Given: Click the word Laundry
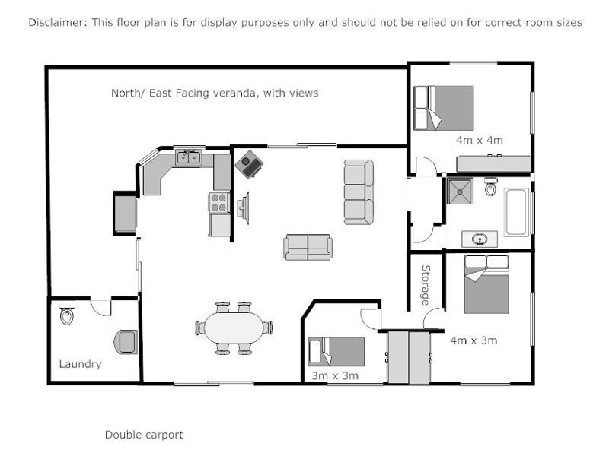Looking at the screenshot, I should [80, 364].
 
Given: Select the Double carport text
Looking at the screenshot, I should [144, 435].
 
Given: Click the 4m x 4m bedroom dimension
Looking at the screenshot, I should [479, 140].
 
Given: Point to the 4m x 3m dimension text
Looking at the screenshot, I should [473, 340].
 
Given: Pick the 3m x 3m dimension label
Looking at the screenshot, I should [335, 375].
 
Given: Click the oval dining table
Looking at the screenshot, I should [234, 328].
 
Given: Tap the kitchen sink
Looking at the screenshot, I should [188, 157].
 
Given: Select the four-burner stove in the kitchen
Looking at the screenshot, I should [219, 202].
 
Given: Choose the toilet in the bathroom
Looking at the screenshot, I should [491, 187].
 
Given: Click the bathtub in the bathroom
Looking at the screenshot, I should [517, 211].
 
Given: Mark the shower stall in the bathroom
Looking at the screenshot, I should [459, 192].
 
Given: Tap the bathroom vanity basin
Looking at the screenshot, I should [480, 239].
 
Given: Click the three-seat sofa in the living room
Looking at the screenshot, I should [359, 192].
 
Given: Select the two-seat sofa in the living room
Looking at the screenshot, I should [308, 246].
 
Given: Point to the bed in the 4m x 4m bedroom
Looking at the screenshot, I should [444, 108].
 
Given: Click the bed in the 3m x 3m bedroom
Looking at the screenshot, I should [336, 352].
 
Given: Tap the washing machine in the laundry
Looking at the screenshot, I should [126, 342].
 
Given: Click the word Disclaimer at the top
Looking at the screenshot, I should [56, 22].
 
